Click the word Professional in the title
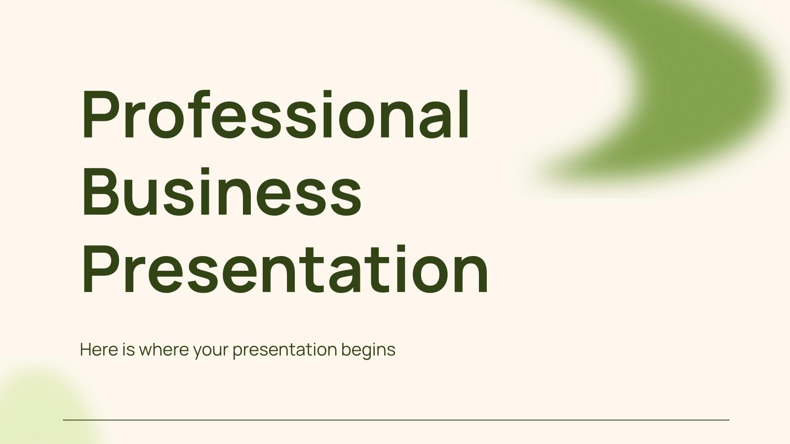coord(275,115)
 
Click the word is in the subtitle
coord(128,350)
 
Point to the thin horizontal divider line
coord(395,420)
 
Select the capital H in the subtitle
coord(85,350)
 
